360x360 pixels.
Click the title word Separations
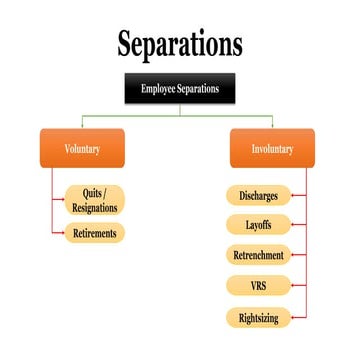[180, 45]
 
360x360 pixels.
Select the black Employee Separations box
[180, 88]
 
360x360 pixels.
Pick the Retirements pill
[95, 234]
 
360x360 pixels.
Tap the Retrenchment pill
[258, 255]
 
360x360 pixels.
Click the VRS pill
[258, 286]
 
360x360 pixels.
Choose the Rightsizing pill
[258, 317]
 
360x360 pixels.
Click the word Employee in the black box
[158, 88]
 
